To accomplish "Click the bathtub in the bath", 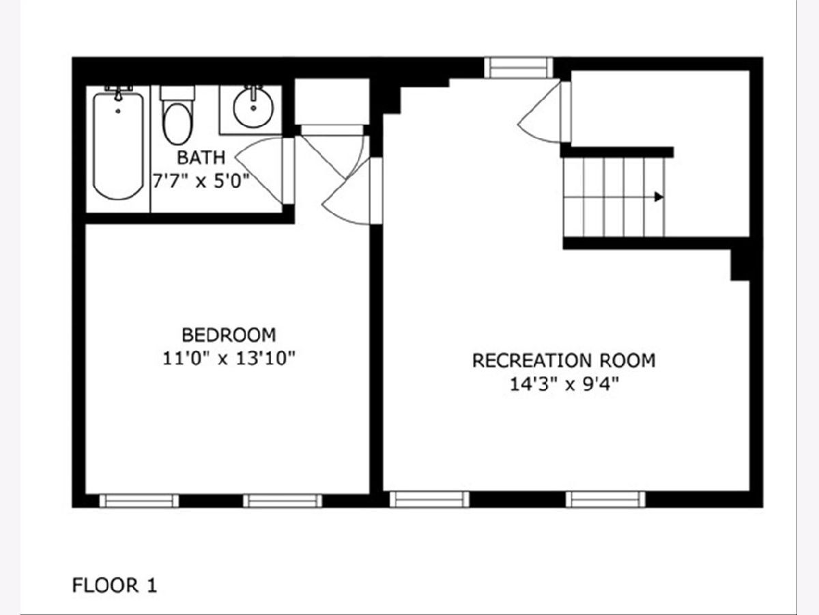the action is point(118,146).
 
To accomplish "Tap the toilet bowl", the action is point(178,124).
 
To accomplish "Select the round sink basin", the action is point(253,108).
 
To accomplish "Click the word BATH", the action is point(201,158).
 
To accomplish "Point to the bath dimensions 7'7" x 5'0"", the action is point(201,182).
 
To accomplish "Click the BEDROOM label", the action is point(229,335).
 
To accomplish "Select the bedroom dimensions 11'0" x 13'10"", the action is point(229,359).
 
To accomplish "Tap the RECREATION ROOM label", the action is point(564,361).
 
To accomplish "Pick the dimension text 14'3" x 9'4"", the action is point(564,384).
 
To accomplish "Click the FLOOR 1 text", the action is point(114,585).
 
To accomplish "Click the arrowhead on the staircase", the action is point(659,197).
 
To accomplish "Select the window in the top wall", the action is point(518,68).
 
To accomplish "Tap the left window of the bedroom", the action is point(139,501).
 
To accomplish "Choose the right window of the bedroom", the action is point(283,501).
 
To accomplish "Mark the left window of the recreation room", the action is point(429,500).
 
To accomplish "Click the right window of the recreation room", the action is point(605,500).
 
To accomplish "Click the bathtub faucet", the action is point(118,93).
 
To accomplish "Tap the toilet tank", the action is point(177,93).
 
